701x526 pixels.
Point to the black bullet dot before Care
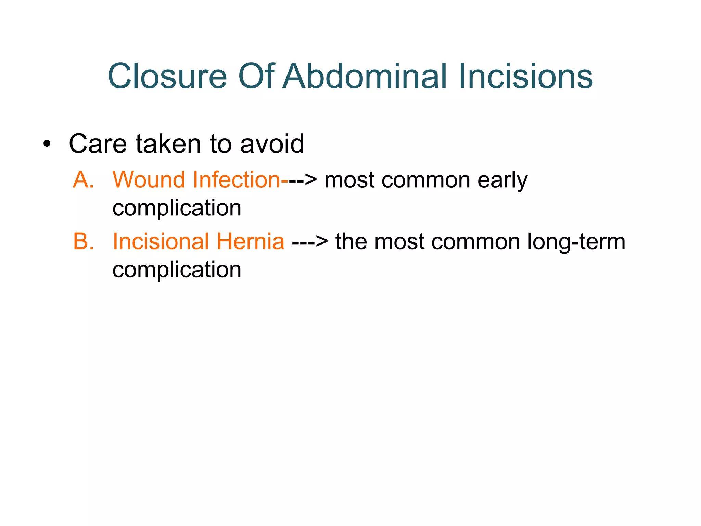tap(47, 144)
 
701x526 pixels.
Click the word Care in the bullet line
tap(98, 144)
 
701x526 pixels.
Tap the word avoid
tap(272, 144)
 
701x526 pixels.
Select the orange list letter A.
tap(83, 179)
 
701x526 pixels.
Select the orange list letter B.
tap(83, 241)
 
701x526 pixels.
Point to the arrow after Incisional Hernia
tap(310, 242)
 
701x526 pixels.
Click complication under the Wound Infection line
tap(177, 208)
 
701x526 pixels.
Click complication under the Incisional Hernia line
tap(177, 270)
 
